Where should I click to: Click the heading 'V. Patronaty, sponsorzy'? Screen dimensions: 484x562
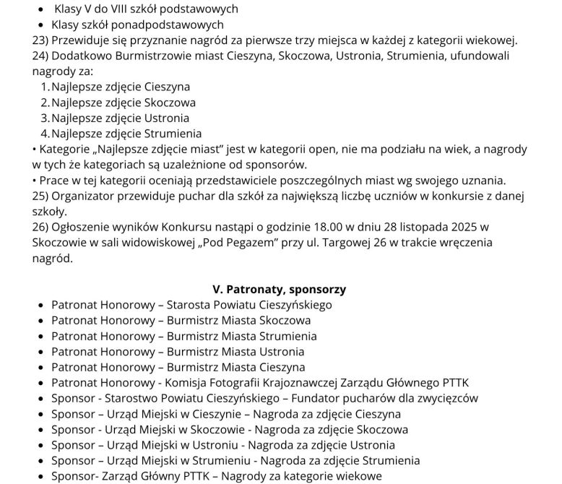point(280,289)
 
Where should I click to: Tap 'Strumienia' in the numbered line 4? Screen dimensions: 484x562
point(176,134)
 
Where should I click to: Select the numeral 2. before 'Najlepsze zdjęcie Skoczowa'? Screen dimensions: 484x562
point(45,103)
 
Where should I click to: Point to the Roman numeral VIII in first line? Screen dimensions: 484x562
point(119,9)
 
